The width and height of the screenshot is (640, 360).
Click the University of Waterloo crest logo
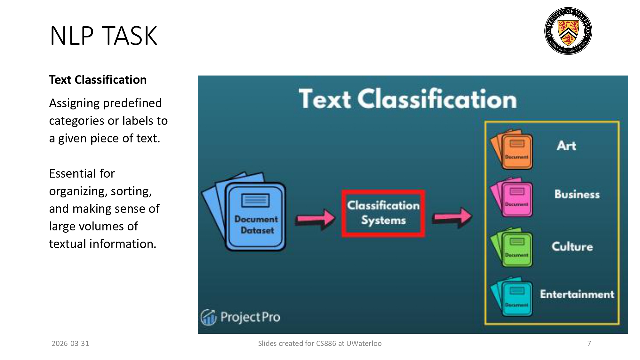(568, 31)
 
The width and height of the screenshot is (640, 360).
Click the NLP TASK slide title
(103, 36)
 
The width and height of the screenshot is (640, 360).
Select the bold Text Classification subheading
(98, 80)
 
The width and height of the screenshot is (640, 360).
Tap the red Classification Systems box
(383, 213)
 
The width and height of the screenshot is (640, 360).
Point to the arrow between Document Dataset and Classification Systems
(315, 219)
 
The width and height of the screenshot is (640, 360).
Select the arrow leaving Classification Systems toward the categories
(452, 217)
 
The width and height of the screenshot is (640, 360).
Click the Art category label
(566, 146)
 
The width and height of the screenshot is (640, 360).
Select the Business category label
(577, 194)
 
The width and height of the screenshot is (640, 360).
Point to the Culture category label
(572, 246)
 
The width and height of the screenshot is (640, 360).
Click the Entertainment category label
(577, 294)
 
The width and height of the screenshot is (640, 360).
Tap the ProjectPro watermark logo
(241, 317)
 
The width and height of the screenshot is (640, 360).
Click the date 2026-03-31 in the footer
(70, 343)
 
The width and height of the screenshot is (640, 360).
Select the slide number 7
(589, 343)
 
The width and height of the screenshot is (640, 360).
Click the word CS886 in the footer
(326, 343)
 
